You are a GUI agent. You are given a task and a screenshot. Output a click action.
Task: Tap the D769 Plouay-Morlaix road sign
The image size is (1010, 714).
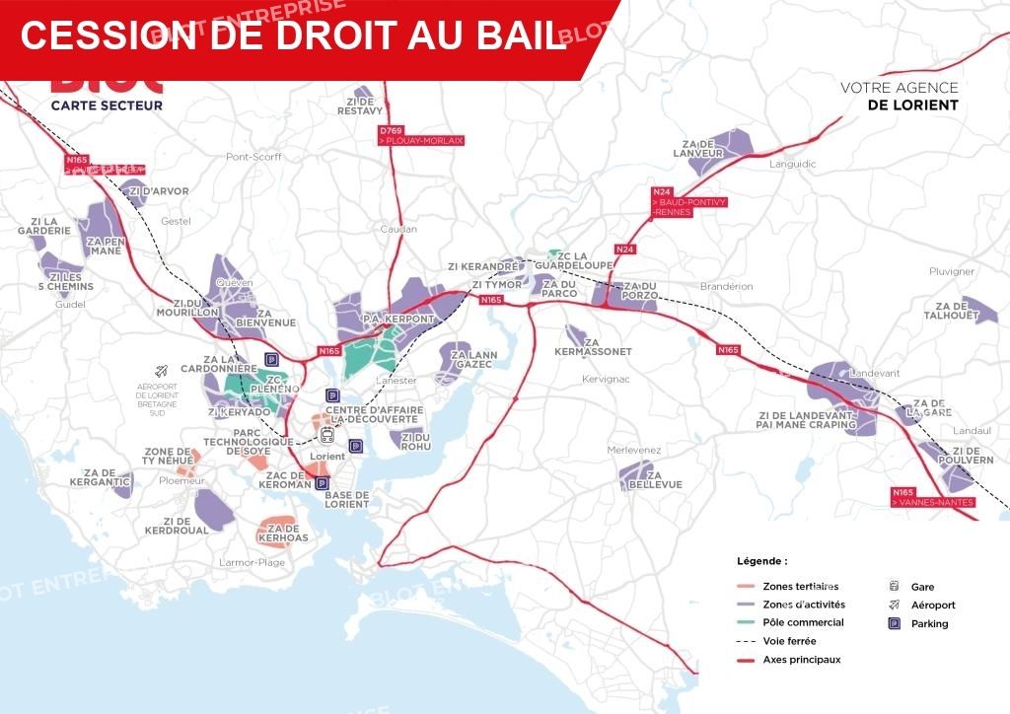click(420, 136)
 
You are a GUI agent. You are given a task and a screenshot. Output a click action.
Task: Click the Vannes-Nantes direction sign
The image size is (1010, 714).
click(931, 498)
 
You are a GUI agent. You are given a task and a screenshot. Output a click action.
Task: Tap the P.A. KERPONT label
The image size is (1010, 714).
click(398, 320)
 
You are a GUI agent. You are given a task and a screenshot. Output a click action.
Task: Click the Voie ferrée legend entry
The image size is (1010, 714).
click(789, 641)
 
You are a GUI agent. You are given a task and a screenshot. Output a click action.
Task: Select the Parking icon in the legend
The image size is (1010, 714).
click(895, 623)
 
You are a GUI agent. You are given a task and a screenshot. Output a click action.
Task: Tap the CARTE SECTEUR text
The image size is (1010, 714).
click(107, 105)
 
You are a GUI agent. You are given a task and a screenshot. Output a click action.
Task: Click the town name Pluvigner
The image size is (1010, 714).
click(951, 271)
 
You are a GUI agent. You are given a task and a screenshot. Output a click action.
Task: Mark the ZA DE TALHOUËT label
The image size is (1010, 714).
click(952, 310)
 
